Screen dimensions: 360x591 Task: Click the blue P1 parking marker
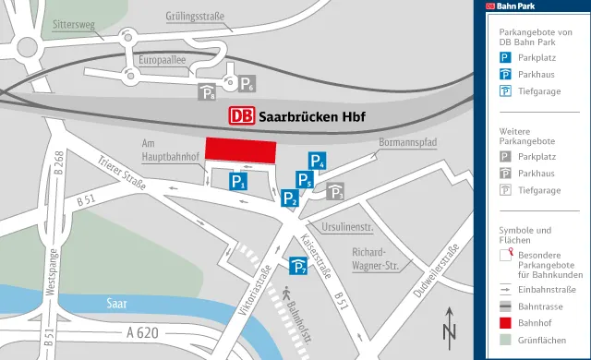point(238,182)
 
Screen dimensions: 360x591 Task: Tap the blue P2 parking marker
point(290,197)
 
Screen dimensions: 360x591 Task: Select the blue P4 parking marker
point(318,161)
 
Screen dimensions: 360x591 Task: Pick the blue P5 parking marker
point(304,179)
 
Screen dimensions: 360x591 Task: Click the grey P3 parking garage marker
point(336,192)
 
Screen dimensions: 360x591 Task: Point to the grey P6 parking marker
point(247,85)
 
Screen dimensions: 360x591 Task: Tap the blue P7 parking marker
point(299,268)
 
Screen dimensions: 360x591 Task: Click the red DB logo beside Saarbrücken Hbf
point(241,117)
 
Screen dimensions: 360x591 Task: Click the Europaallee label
point(162,60)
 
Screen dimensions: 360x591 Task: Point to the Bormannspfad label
point(407,142)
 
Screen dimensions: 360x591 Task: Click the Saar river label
point(116,302)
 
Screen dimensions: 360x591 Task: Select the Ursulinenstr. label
point(346,226)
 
